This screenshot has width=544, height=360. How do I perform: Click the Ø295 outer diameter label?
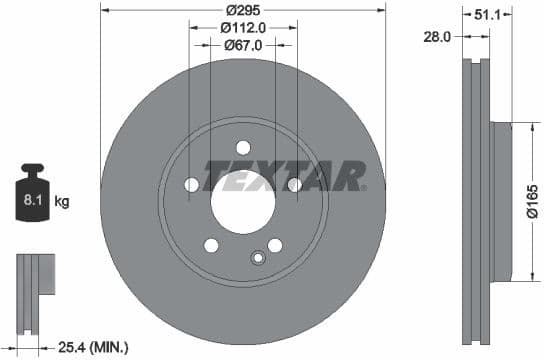point(243,9)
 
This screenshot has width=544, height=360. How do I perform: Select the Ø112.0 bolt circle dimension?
point(243,27)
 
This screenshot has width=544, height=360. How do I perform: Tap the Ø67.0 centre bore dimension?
point(243,45)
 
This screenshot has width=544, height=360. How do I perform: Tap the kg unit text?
point(62,202)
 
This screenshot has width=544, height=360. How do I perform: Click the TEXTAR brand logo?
point(285,175)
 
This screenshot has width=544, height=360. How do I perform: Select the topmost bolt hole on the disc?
point(243,148)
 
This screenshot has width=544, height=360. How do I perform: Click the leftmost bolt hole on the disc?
point(191,185)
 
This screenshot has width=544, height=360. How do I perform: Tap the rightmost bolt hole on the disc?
point(295,185)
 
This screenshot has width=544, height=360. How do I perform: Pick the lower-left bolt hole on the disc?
point(211,245)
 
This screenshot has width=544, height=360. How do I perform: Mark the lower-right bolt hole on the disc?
point(275,245)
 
